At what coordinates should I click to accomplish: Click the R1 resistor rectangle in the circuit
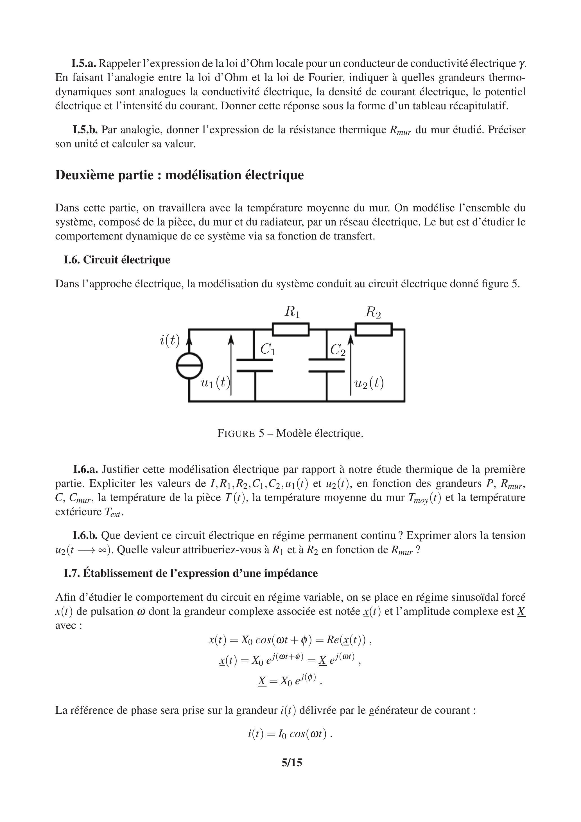coord(290,329)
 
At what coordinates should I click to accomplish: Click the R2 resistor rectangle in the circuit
coord(374,329)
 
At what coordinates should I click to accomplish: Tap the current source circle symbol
coord(189,365)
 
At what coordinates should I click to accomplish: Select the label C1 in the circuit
coord(268,349)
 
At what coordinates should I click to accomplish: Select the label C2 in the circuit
coord(338,349)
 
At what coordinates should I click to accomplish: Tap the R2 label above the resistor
coord(373,313)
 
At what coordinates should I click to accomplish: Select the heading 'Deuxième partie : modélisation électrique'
coord(179,175)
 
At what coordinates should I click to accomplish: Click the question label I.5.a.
coord(84,64)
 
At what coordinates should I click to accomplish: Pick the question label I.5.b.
coord(85,130)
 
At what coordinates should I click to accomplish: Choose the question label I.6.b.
coord(85,536)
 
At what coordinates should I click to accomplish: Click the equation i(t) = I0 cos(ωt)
coord(290,734)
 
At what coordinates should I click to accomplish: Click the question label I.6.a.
coord(85,469)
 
